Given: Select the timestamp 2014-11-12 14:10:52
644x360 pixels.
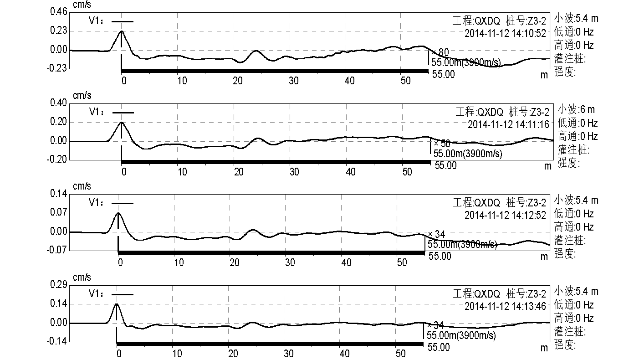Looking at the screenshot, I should click(x=505, y=33).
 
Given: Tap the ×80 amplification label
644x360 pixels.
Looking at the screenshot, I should click(x=440, y=53).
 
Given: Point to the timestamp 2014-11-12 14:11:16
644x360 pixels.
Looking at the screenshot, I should click(x=508, y=124).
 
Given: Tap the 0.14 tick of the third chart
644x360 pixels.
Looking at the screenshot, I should click(x=58, y=194).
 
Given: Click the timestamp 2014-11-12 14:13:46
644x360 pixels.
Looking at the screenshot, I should click(x=505, y=306).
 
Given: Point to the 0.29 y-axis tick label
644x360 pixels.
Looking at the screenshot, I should click(x=58, y=285).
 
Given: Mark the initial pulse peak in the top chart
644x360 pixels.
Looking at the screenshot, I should click(x=122, y=31).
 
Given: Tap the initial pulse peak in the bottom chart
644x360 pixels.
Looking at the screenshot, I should click(x=117, y=304).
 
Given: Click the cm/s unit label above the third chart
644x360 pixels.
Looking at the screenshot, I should click(x=82, y=186).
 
